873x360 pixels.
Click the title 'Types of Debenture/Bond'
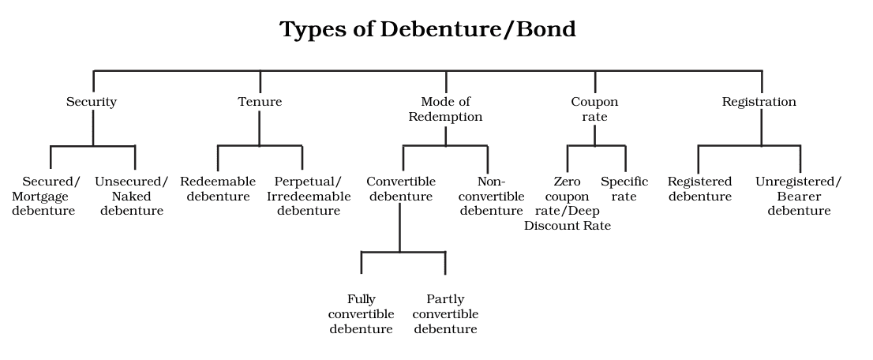click(x=428, y=30)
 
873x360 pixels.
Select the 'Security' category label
click(x=92, y=102)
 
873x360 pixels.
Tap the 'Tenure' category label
click(x=260, y=102)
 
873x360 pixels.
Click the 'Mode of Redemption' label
click(x=445, y=109)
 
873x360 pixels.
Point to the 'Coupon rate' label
click(x=594, y=109)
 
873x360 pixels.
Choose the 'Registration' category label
click(x=759, y=102)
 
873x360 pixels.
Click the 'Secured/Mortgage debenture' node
click(x=44, y=196)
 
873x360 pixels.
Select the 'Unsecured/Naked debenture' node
click(x=132, y=196)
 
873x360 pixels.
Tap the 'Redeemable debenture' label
click(x=218, y=189)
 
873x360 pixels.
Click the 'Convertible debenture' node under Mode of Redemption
click(x=401, y=189)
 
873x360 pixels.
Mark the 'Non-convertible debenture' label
click(x=491, y=196)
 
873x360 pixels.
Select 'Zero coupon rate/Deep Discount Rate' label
click(x=567, y=204)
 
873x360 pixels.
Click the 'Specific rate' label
click(x=624, y=189)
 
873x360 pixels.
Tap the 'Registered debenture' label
click(x=700, y=189)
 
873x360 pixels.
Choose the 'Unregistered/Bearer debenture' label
click(x=799, y=196)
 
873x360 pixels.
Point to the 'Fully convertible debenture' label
click(x=362, y=314)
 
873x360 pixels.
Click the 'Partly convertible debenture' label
click(x=445, y=314)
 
